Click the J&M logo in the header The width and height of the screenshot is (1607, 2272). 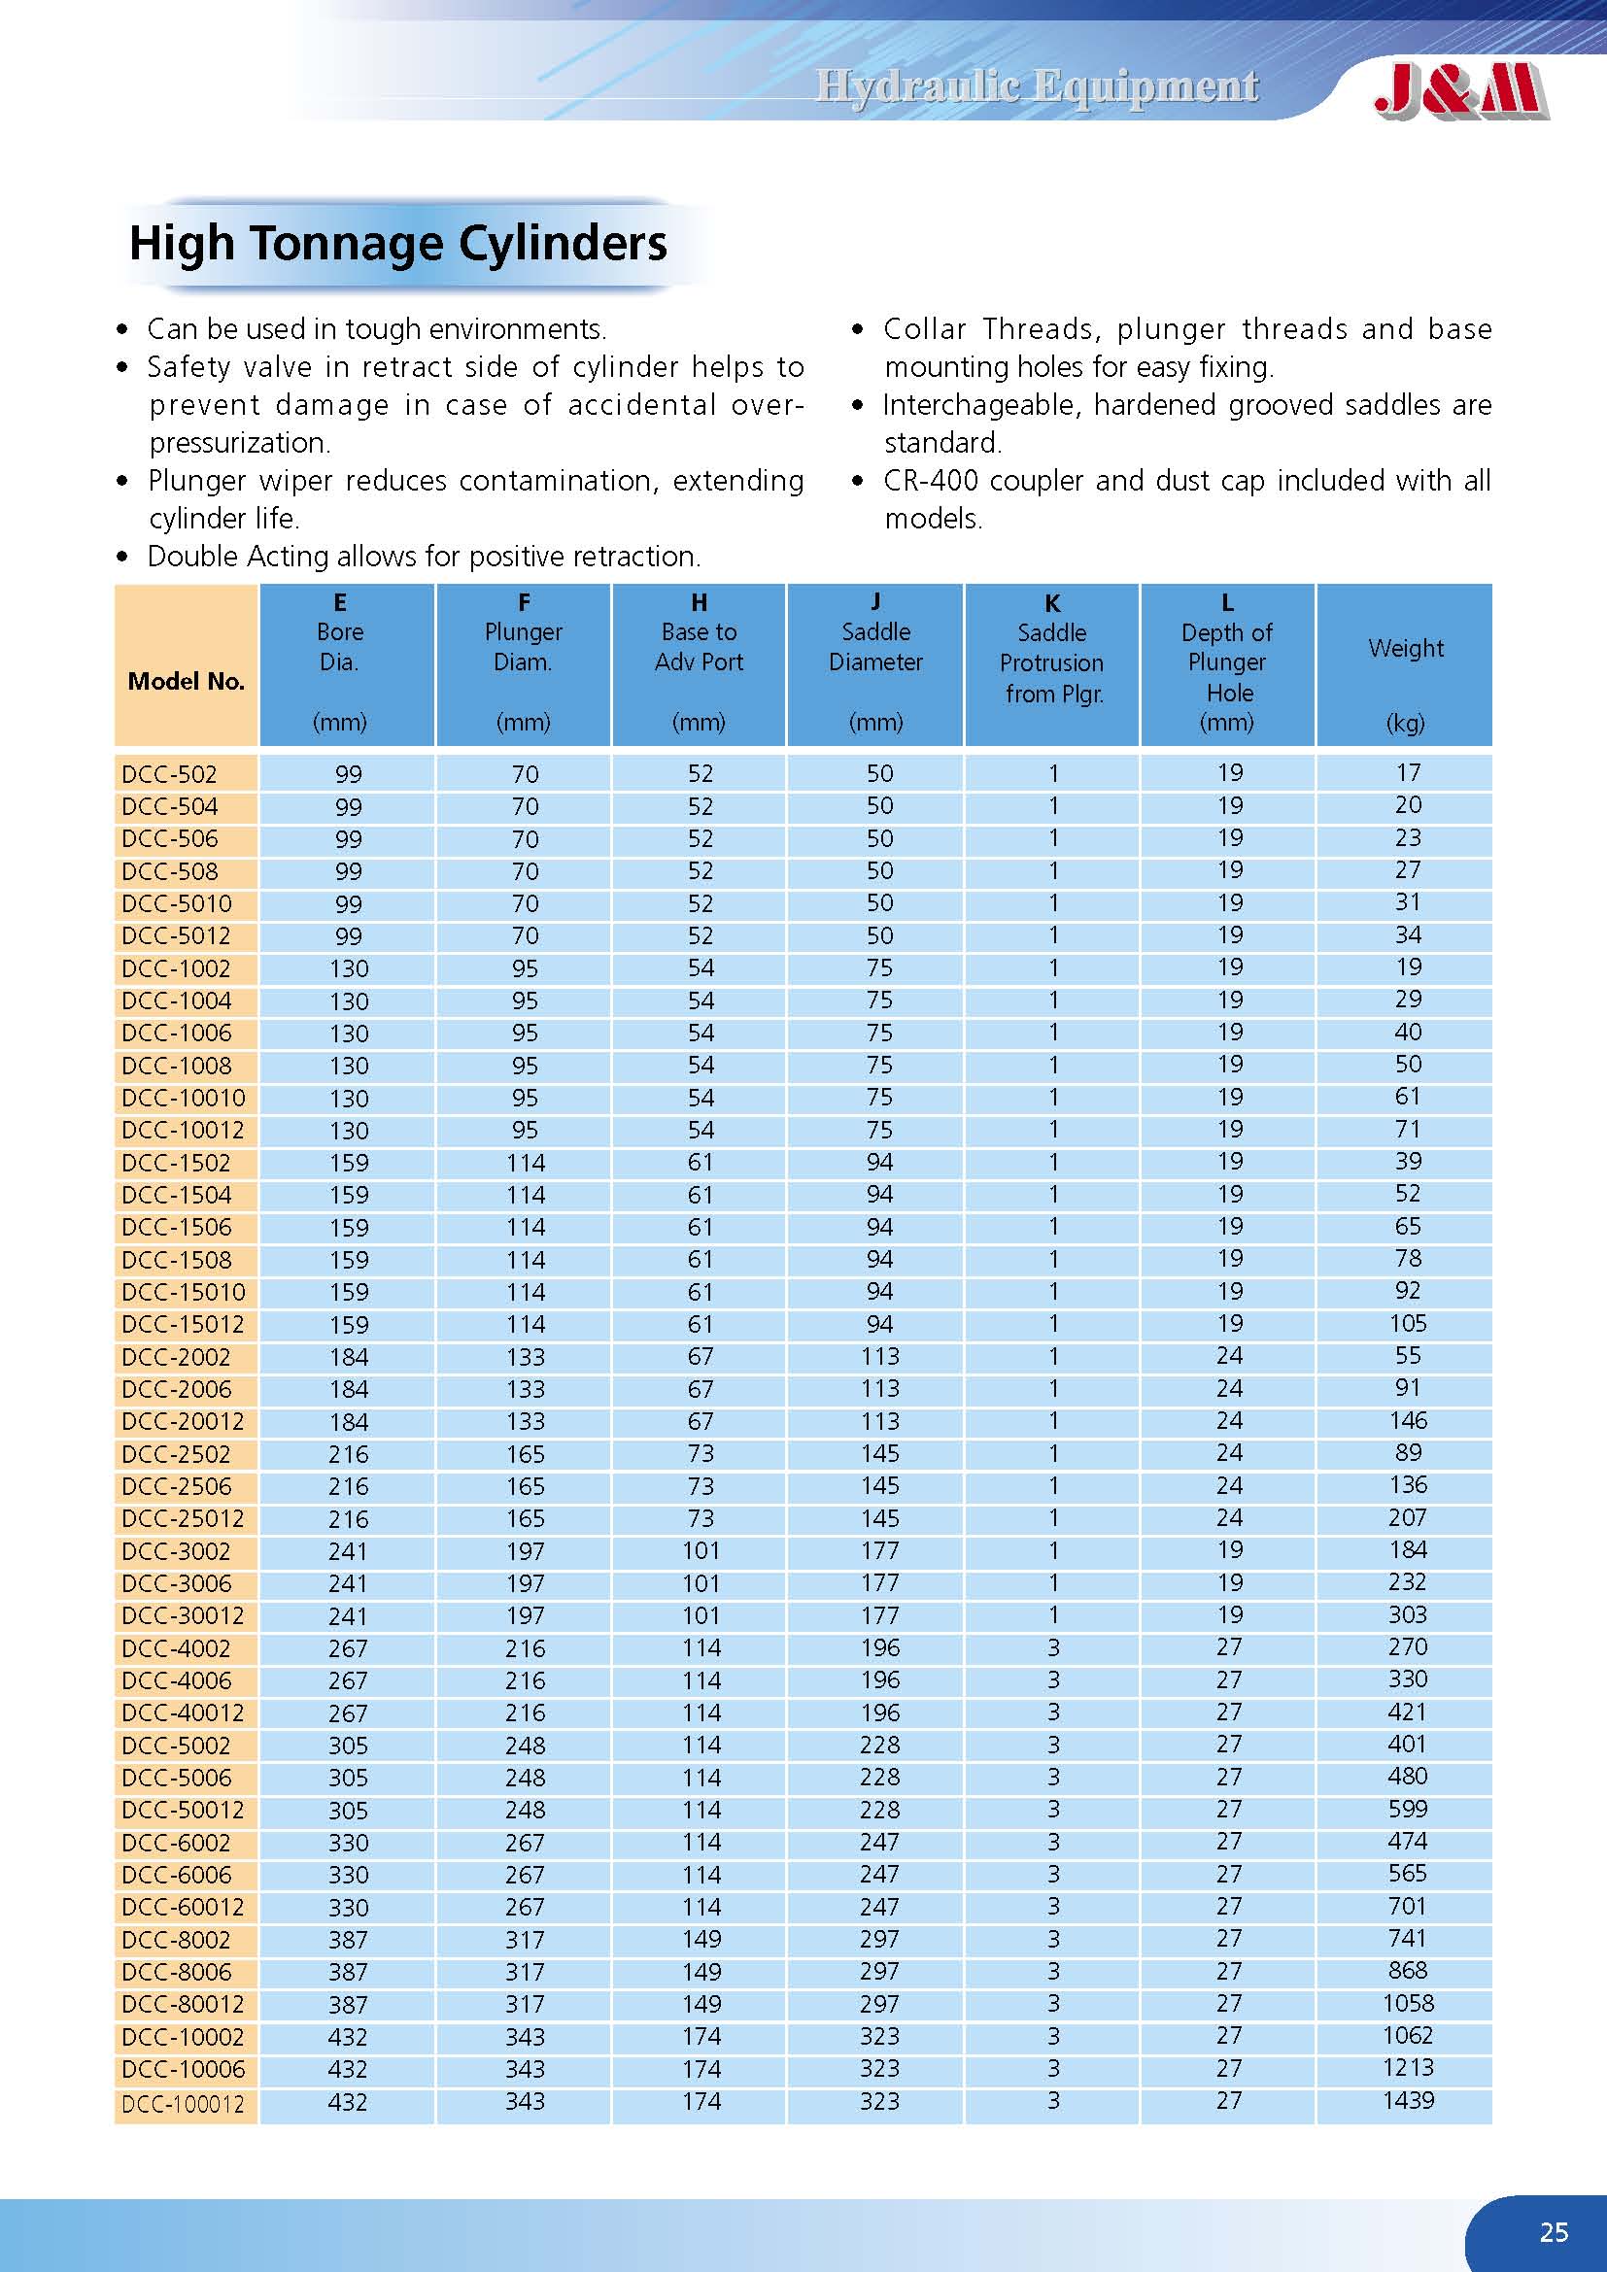click(x=1459, y=91)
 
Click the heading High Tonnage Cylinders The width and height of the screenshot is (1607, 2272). click(x=397, y=244)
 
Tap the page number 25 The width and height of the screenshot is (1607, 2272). click(x=1554, y=2231)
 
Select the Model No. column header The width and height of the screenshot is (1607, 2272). click(x=186, y=681)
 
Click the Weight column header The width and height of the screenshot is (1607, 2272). click(x=1405, y=649)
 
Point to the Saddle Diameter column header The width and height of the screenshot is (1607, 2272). click(x=875, y=647)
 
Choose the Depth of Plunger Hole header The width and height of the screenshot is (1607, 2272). click(x=1227, y=662)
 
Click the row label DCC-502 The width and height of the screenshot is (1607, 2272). click(x=169, y=774)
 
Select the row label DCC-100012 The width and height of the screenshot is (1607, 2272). click(x=183, y=2104)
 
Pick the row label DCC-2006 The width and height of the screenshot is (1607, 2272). click(x=176, y=1389)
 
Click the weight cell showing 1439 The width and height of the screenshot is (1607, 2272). click(x=1407, y=2100)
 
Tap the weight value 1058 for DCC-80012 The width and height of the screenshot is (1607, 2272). click(x=1407, y=2003)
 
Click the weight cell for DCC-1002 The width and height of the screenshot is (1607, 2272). click(x=1408, y=966)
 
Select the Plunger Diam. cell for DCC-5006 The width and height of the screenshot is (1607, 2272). click(x=525, y=1779)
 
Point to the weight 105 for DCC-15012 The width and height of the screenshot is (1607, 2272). click(x=1407, y=1323)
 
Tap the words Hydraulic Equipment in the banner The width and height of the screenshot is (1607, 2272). click(x=1036, y=87)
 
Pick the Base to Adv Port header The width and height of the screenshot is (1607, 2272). click(x=699, y=647)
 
